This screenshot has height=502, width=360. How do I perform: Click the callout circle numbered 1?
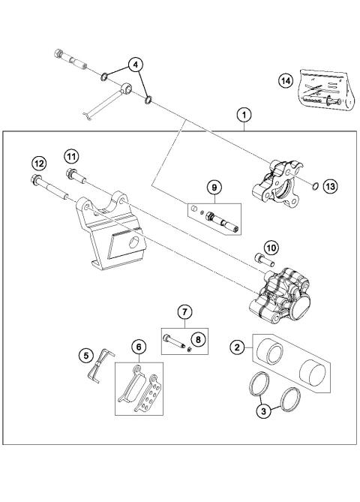[243, 116]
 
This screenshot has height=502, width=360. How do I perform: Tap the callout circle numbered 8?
[197, 338]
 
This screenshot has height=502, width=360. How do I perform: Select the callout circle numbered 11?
[70, 155]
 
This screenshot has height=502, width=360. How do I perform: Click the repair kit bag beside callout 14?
[319, 90]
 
